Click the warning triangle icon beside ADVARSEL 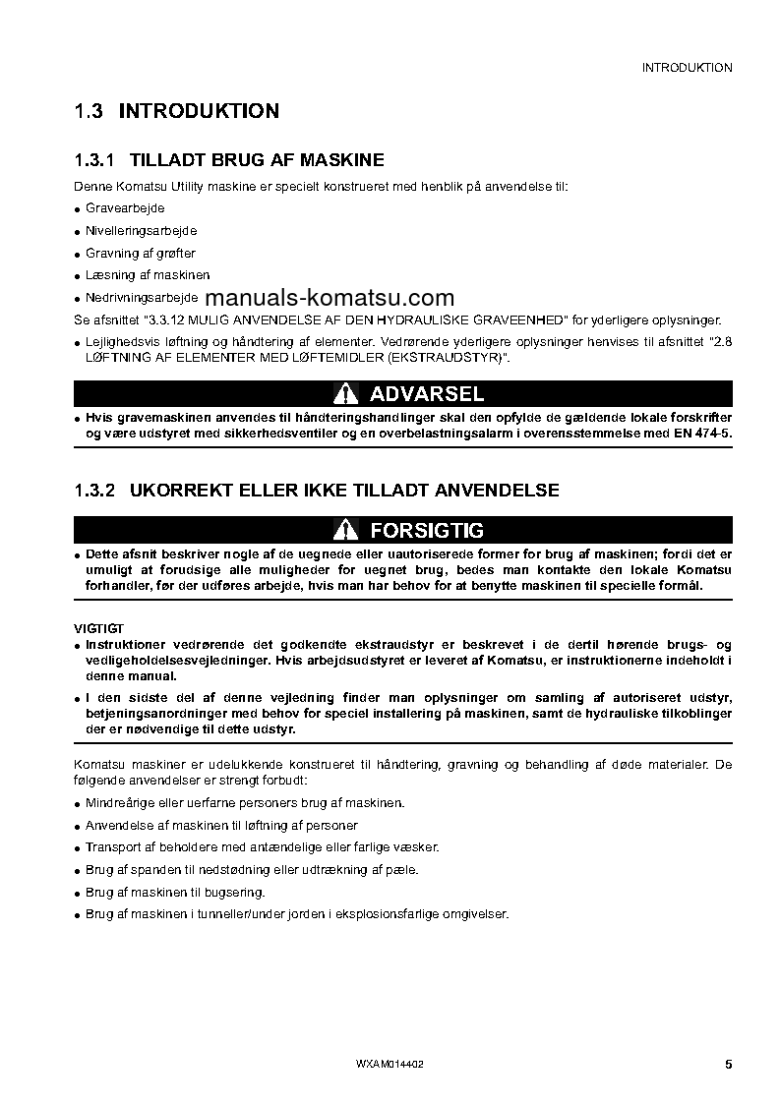click(x=343, y=395)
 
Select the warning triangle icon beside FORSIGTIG click(x=343, y=531)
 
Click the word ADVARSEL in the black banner click(x=426, y=395)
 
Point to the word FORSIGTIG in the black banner click(x=426, y=531)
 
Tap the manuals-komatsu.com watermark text click(x=330, y=299)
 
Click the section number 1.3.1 click(x=95, y=160)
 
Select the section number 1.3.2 click(x=95, y=490)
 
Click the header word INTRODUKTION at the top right click(x=687, y=68)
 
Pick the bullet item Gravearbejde click(x=125, y=208)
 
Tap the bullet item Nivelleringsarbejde click(x=141, y=230)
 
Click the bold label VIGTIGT click(x=98, y=628)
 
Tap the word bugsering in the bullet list click(x=235, y=892)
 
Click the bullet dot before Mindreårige click(x=78, y=804)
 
